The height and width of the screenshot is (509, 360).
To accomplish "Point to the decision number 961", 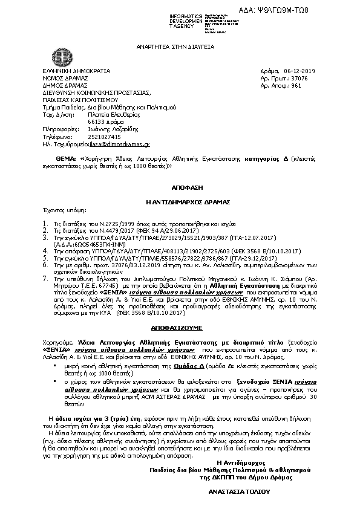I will pyautogui.click(x=296, y=85).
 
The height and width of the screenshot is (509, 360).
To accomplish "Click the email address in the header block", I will pyautogui.click(x=125, y=145).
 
